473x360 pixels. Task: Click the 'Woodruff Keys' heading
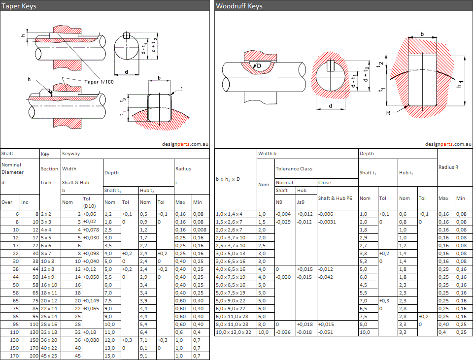239,6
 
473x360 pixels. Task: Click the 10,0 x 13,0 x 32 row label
234,332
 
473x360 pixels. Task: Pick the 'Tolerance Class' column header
294,168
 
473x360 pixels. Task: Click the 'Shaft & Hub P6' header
335,198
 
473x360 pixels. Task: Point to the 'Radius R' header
448,167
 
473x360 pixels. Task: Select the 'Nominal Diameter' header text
12,168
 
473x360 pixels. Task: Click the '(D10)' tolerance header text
90,205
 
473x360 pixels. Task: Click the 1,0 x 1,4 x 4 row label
230,214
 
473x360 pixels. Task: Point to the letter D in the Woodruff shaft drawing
259,65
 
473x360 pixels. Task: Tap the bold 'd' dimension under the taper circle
127,72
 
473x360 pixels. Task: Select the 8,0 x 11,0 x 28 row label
232,325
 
